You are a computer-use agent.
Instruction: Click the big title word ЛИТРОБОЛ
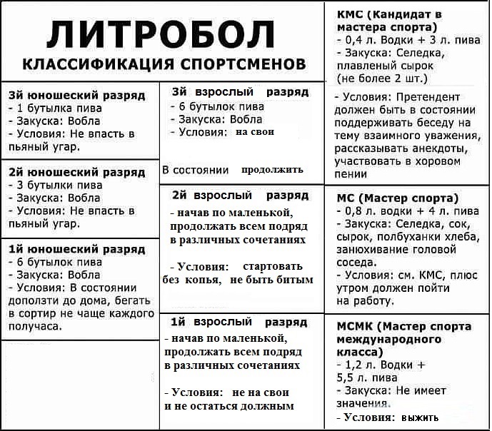(164, 34)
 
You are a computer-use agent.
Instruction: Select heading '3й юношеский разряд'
(76, 95)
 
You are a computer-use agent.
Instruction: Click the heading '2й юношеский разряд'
(76, 172)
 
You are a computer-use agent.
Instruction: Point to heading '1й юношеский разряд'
(76, 249)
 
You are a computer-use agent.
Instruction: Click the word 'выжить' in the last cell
(421, 417)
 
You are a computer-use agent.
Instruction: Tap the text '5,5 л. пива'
(366, 377)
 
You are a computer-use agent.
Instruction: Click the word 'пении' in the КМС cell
(351, 173)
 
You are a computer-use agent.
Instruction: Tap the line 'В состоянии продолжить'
(233, 170)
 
